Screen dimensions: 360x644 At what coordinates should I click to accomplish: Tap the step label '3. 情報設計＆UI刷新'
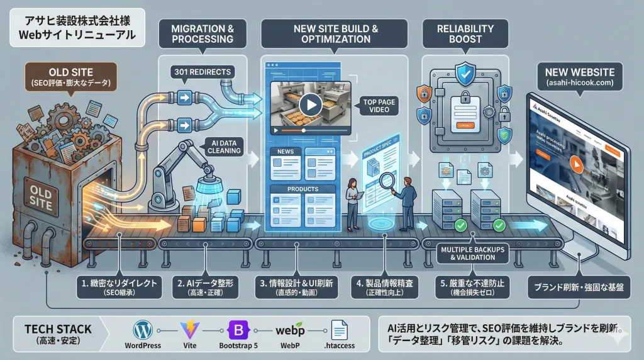coord(295,288)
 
